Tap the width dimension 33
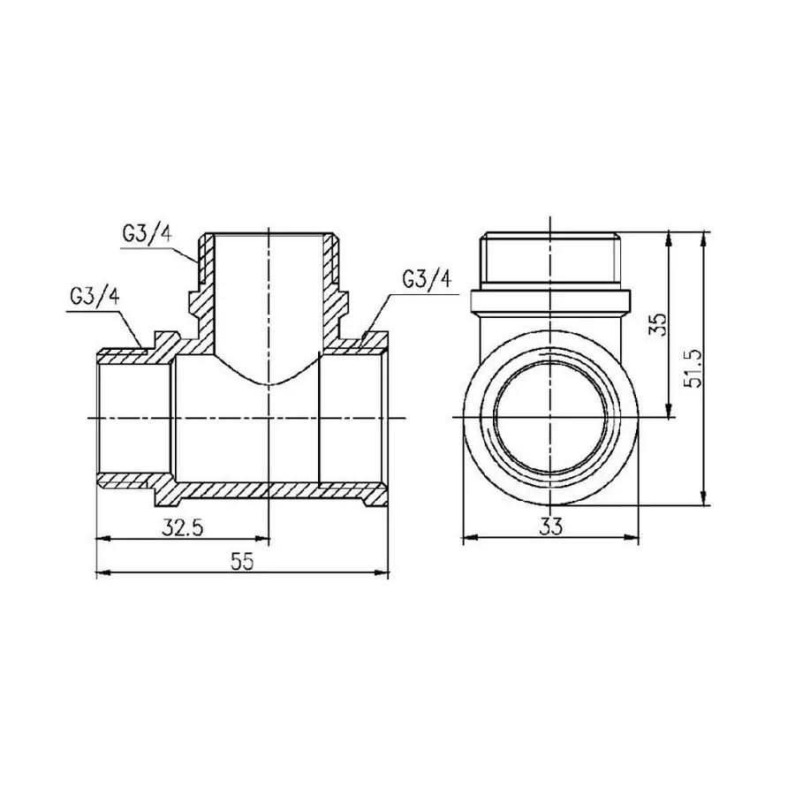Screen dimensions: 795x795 [x=552, y=527]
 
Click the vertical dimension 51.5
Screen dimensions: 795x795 [x=694, y=367]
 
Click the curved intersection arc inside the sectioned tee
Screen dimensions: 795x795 [x=269, y=382]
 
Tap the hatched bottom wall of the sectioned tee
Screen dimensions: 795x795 [x=265, y=488]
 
